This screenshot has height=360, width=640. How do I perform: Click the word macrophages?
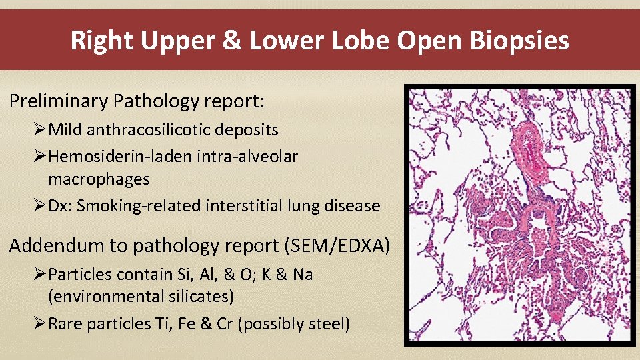99,179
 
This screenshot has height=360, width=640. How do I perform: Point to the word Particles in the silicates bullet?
80,275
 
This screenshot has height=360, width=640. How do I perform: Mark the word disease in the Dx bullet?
356,206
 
